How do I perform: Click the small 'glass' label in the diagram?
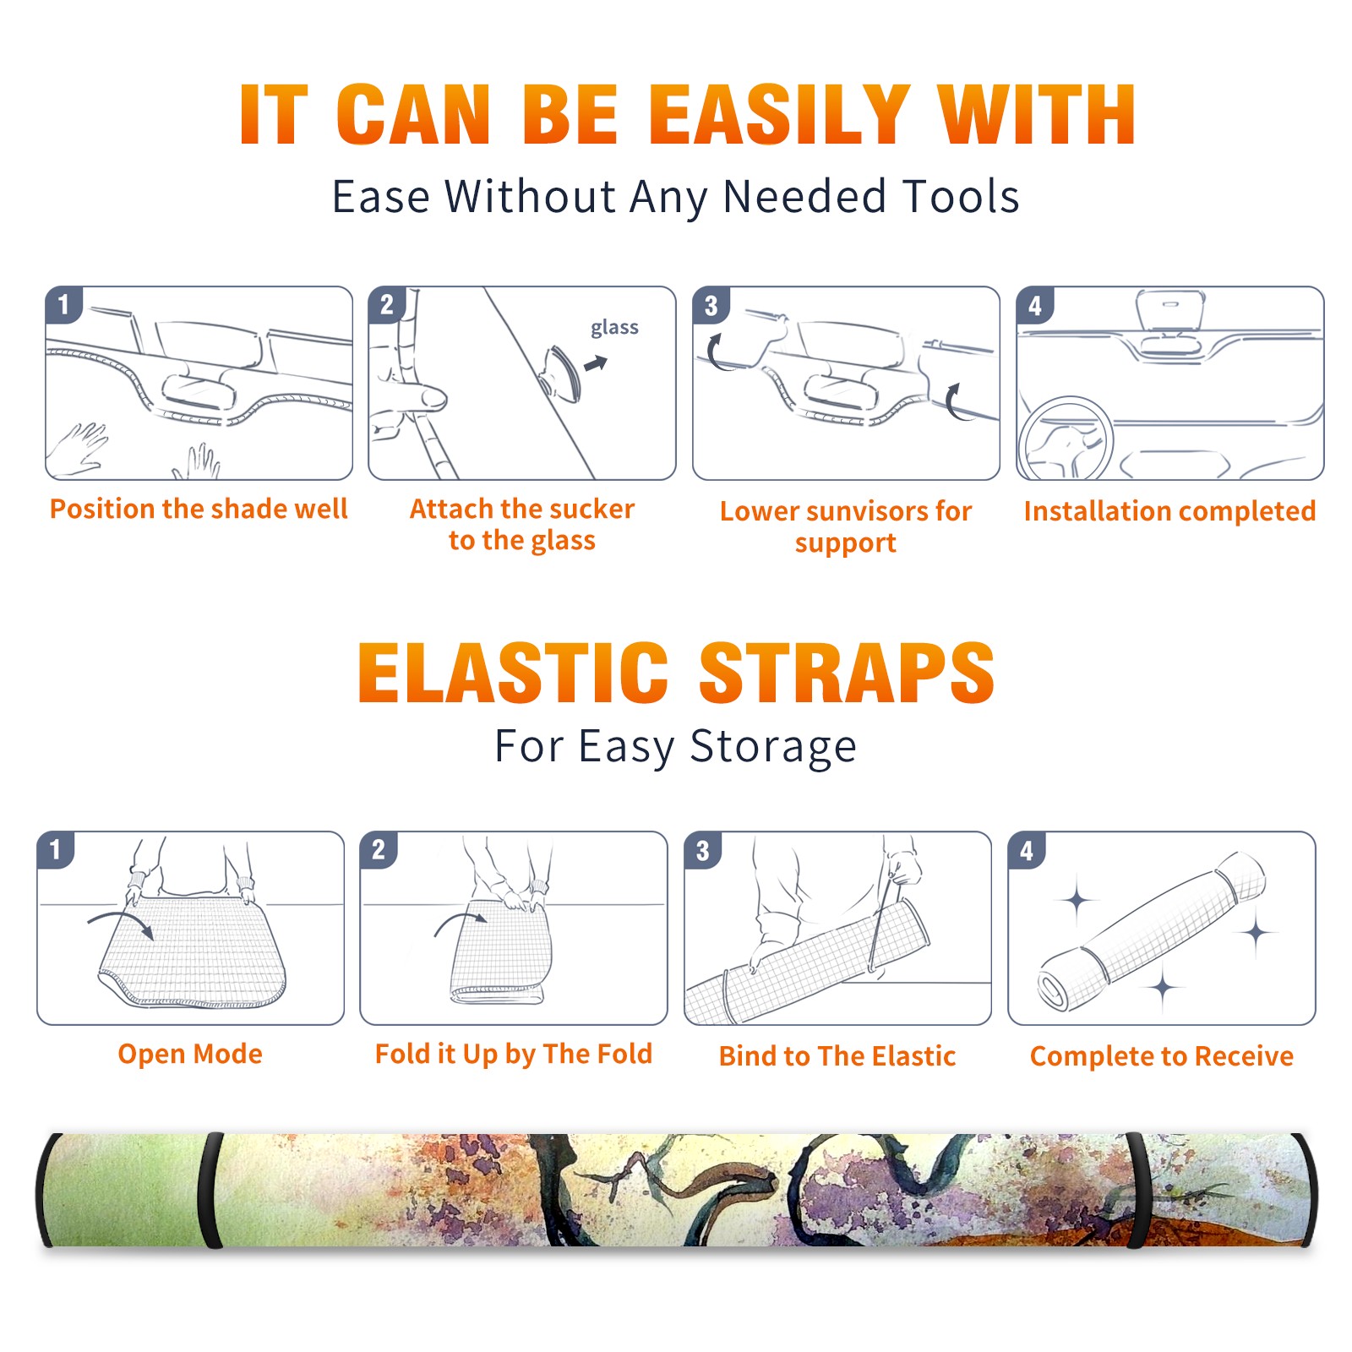click(614, 328)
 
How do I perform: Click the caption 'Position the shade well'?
click(199, 509)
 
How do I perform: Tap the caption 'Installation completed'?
click(1169, 511)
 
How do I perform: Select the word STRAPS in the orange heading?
click(847, 673)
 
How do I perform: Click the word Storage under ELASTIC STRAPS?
click(773, 747)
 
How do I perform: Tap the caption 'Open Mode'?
click(190, 1054)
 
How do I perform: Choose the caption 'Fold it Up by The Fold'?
click(514, 1054)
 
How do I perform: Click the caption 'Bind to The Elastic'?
click(837, 1056)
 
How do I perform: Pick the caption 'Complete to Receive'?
click(1162, 1056)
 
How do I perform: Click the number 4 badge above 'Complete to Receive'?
click(1027, 849)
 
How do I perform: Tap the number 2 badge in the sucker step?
click(387, 304)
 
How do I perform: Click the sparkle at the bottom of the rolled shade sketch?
click(1163, 987)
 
